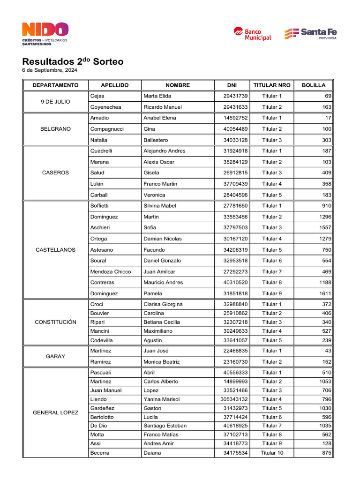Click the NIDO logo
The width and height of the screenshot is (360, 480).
pyautogui.click(x=45, y=34)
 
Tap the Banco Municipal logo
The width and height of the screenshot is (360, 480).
pyautogui.click(x=252, y=34)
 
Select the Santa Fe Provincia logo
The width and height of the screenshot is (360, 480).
pyautogui.click(x=310, y=34)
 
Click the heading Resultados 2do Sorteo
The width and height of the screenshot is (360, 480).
pyautogui.click(x=73, y=62)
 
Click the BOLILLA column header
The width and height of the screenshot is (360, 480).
pyautogui.click(x=314, y=85)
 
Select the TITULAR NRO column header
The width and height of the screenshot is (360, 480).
pyautogui.click(x=272, y=85)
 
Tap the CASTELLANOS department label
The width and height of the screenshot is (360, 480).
pyautogui.click(x=55, y=250)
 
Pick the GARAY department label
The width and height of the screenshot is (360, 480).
pyautogui.click(x=55, y=356)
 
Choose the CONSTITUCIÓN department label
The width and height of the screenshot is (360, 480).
pyautogui.click(x=55, y=322)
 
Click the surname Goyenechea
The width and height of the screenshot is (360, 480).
pyautogui.click(x=105, y=107)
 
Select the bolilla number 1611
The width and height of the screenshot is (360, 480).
pyautogui.click(x=323, y=293)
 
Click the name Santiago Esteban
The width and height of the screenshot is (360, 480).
pyautogui.click(x=165, y=426)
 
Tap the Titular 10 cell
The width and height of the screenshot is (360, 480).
pyautogui.click(x=272, y=453)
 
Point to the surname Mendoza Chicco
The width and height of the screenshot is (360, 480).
pyautogui.click(x=111, y=271)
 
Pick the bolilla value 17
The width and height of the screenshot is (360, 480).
pyautogui.click(x=328, y=118)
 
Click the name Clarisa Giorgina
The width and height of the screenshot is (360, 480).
pyautogui.click(x=163, y=304)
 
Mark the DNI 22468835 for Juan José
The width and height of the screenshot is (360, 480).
pyautogui.click(x=235, y=351)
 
